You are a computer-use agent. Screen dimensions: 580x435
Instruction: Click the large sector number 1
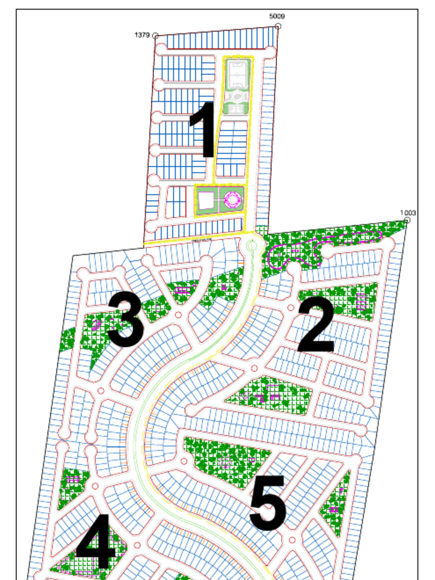click(202, 130)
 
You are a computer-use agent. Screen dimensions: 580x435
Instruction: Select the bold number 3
click(125, 320)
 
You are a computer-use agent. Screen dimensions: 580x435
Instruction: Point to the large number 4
click(96, 542)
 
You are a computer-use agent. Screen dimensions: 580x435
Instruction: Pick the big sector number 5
click(267, 503)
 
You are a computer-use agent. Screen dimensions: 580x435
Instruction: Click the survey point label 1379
click(142, 35)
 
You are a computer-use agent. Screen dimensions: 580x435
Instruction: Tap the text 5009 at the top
click(276, 16)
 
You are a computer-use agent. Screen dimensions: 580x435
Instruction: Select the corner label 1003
click(408, 213)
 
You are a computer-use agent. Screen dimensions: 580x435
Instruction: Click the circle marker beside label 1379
click(155, 36)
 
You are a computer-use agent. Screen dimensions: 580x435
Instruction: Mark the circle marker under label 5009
click(278, 26)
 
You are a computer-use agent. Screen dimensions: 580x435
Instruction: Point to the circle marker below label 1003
click(407, 220)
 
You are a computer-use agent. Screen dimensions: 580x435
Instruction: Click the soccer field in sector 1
click(237, 75)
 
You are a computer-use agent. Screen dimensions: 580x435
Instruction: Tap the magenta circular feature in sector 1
click(233, 199)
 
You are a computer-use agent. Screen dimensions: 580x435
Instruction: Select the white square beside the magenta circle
click(206, 199)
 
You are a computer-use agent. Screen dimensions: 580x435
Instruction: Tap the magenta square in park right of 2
click(361, 303)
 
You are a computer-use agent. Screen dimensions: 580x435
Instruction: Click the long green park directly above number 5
click(227, 459)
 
